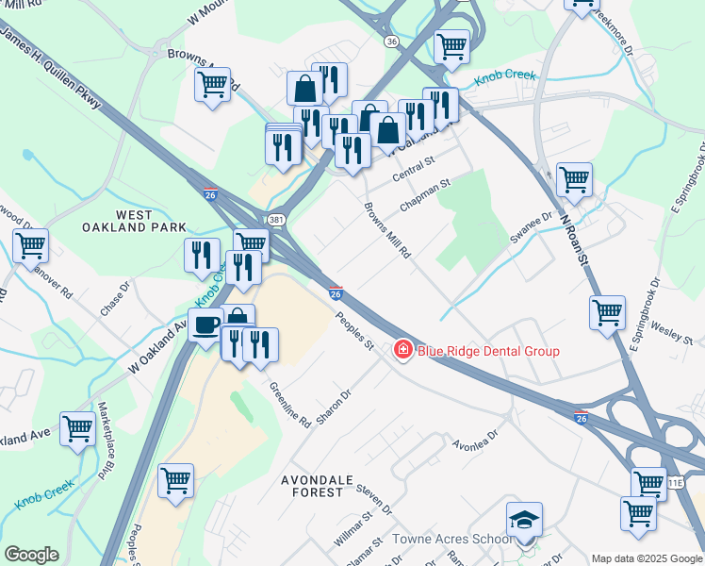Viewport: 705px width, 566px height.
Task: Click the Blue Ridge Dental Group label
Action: [x=488, y=351]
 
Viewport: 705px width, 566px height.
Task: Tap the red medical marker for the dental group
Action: [x=402, y=351]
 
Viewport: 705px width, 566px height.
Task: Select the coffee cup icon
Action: [x=206, y=325]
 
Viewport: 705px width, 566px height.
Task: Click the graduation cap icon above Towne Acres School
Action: [x=524, y=520]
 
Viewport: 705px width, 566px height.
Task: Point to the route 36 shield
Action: [x=391, y=41]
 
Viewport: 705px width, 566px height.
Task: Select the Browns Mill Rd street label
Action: [x=388, y=230]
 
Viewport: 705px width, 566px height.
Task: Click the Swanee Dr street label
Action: [x=531, y=223]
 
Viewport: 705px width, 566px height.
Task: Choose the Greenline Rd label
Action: [x=289, y=406]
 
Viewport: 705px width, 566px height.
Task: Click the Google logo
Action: [x=31, y=555]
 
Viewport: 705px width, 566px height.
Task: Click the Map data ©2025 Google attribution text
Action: [x=647, y=558]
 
